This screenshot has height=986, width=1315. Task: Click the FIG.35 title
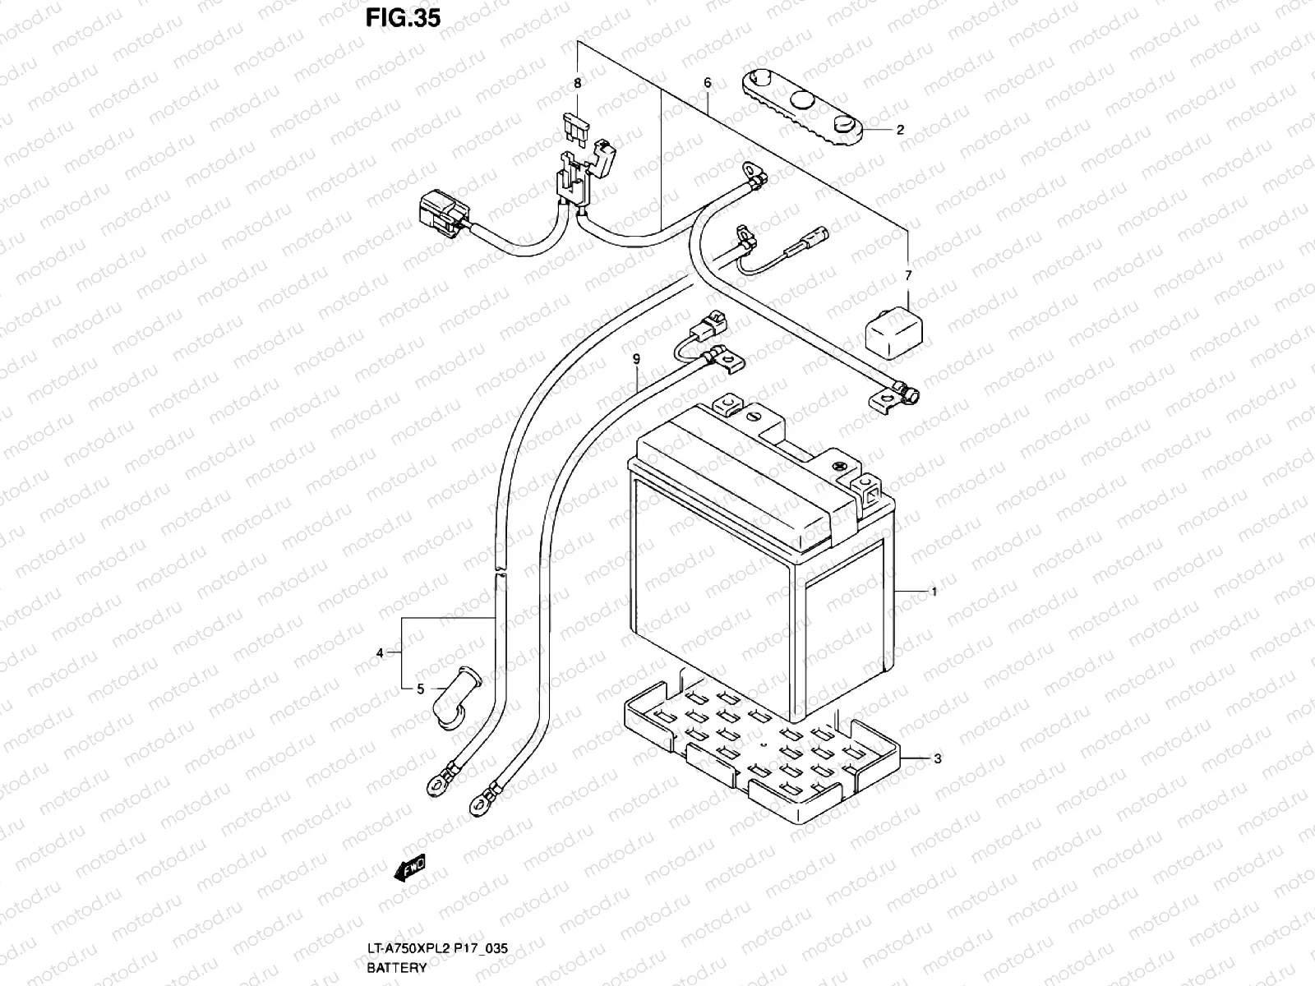(404, 17)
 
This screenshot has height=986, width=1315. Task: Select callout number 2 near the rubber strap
(900, 130)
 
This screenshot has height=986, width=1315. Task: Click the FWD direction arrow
(408, 868)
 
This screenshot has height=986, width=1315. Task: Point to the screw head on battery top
(839, 467)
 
